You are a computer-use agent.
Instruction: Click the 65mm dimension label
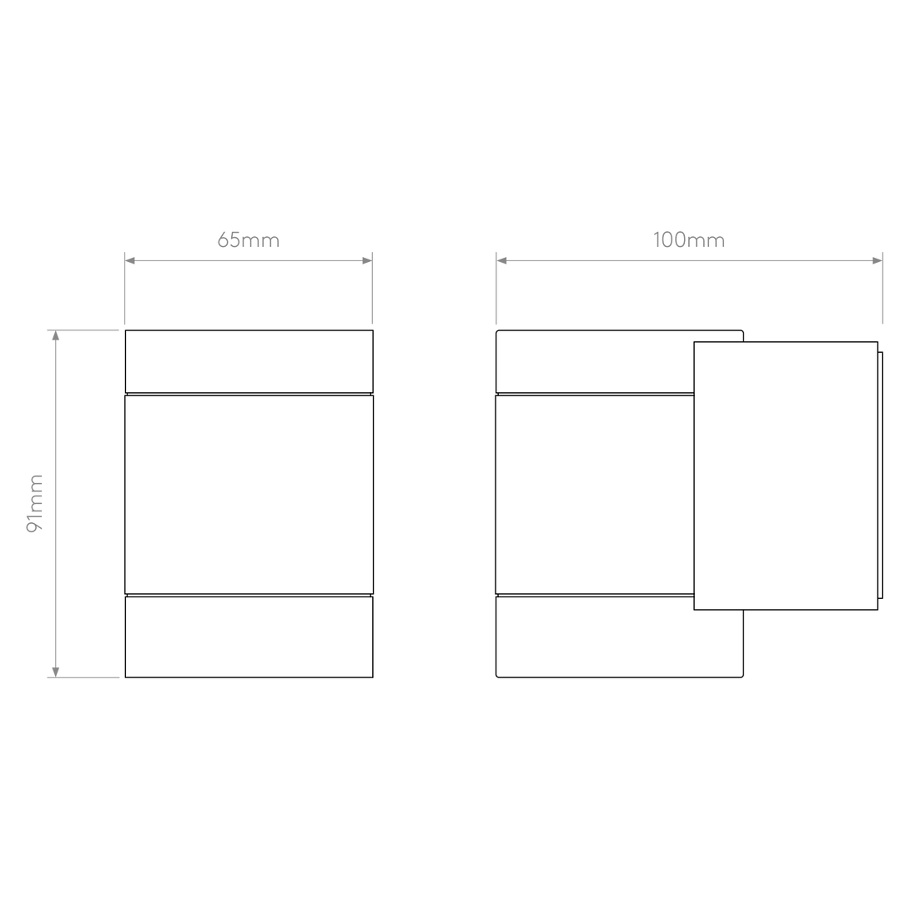249,241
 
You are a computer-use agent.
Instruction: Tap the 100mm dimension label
689,241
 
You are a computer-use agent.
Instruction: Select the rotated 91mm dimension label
36,503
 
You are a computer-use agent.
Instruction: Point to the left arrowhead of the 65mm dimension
130,261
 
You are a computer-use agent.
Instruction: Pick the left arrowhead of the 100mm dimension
502,261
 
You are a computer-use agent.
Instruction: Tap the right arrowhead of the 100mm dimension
876,261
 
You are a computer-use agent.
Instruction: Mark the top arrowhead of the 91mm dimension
56,337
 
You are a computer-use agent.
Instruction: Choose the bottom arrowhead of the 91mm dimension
56,670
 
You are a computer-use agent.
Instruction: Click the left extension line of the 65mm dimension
123,292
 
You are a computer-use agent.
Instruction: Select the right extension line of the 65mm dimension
372,292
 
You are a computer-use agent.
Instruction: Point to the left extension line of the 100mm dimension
496,292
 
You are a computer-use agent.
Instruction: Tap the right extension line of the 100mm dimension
883,292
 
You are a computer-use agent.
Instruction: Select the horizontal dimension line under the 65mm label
248,261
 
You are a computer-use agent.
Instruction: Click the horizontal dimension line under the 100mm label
689,261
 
